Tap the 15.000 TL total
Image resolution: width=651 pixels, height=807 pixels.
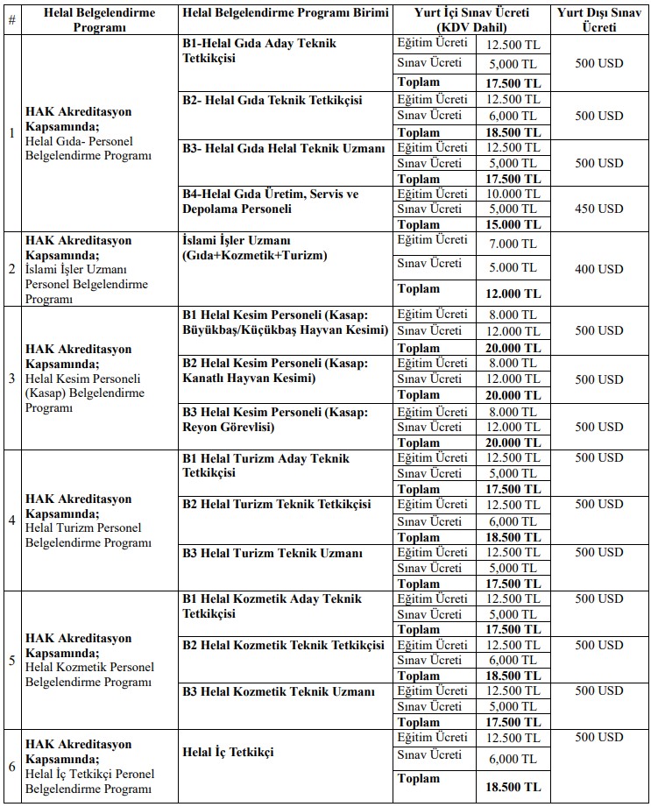[x=513, y=224]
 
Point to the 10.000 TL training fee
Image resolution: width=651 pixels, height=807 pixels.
[x=513, y=194]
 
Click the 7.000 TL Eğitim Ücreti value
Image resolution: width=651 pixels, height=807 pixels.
[x=513, y=242]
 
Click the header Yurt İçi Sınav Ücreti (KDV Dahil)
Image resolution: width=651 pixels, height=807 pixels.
[x=472, y=19]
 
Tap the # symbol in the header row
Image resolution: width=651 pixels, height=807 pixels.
[x=11, y=20]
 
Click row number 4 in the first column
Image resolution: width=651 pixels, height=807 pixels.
[x=11, y=520]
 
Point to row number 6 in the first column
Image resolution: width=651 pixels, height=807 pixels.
[x=11, y=766]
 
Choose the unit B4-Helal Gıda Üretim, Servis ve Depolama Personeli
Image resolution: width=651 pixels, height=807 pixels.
[x=271, y=202]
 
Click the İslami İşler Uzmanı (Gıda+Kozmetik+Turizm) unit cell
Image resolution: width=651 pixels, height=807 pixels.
[x=254, y=248]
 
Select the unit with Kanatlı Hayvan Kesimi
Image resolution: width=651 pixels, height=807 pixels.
[x=275, y=371]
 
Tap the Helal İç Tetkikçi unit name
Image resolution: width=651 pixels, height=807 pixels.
[x=228, y=753]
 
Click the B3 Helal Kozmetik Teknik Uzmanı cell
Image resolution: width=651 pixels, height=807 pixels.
[x=279, y=691]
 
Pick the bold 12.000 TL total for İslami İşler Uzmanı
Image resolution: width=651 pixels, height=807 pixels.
[x=513, y=294]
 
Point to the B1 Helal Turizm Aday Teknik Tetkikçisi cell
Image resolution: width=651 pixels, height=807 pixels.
[x=265, y=465]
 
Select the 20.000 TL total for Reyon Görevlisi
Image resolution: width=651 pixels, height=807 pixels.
[x=513, y=442]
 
